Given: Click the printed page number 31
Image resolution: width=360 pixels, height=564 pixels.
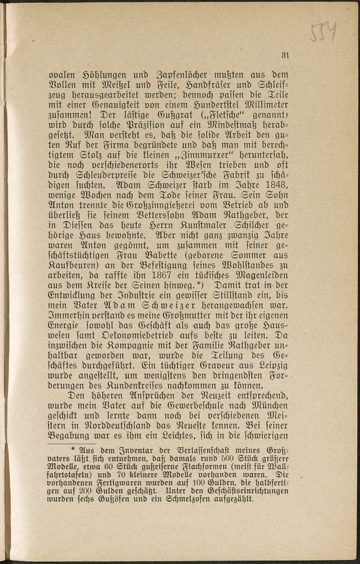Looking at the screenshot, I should click(284, 55).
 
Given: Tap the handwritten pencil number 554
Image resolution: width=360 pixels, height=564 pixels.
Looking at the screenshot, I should click(323, 33).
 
